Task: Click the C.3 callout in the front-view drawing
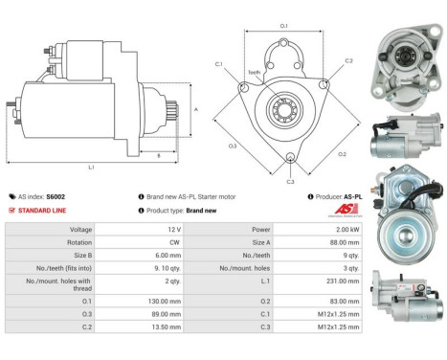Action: coord(290,181)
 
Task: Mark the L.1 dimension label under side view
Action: coord(91,168)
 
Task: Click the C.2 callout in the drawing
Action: coord(348,60)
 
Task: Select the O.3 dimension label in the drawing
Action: coord(233,146)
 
